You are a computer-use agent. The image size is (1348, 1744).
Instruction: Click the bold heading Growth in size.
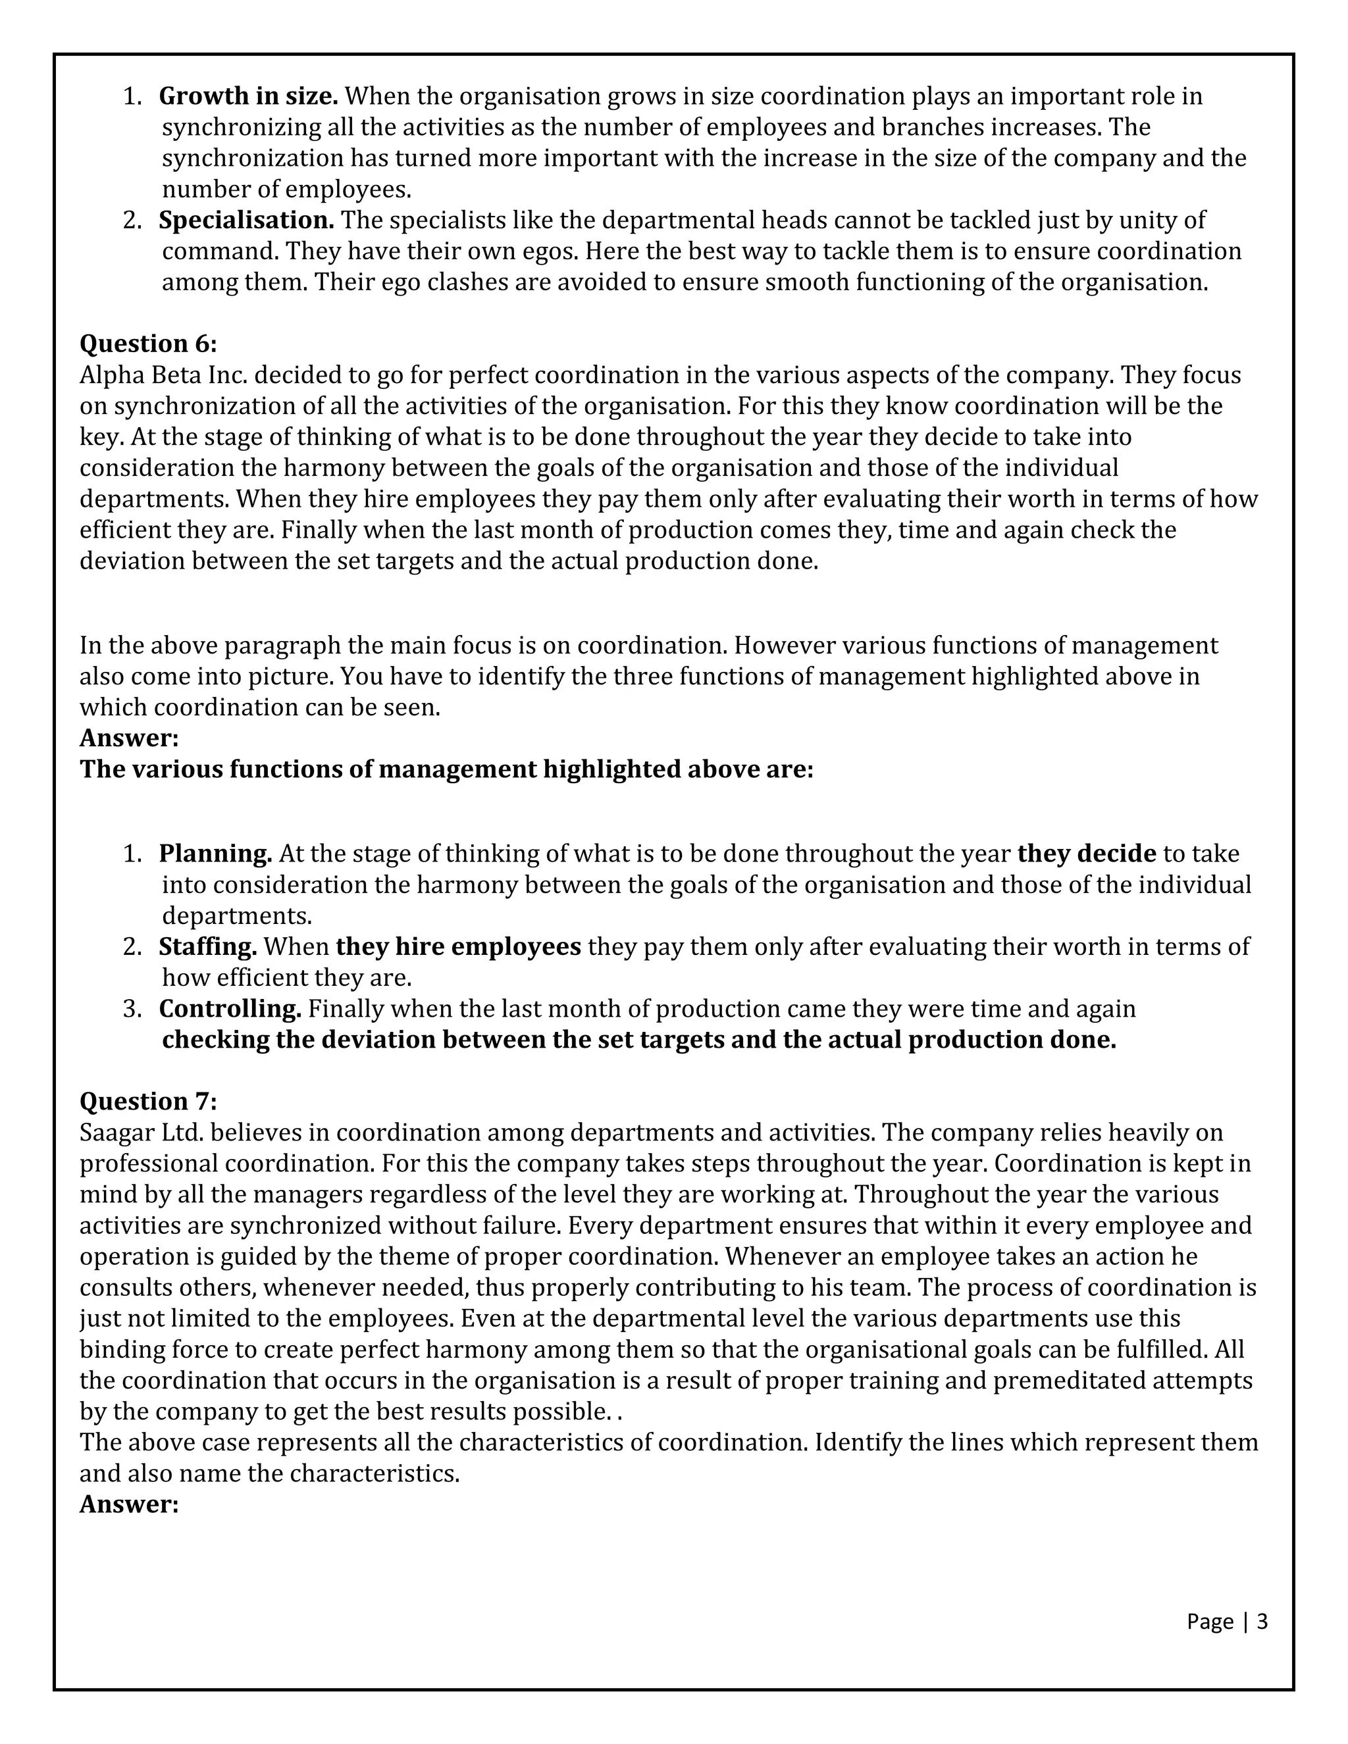pos(248,96)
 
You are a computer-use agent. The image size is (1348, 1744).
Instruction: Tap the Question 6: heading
pos(147,344)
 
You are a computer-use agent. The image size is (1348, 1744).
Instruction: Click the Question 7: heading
pos(147,1101)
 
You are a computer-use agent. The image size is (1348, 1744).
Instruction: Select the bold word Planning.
pos(216,854)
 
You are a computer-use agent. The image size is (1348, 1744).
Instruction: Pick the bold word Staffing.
pos(207,946)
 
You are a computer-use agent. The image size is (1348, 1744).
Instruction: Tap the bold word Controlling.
pos(230,1008)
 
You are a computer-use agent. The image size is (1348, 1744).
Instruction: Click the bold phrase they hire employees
pos(458,946)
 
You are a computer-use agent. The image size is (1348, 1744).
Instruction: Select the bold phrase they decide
pos(1086,854)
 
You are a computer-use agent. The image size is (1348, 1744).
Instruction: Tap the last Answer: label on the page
pos(128,1504)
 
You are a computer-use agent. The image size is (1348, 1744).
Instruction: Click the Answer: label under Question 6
pos(128,738)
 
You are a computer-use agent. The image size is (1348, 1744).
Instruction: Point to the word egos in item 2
pos(550,251)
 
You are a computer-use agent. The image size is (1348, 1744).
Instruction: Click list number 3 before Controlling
pos(132,1008)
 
